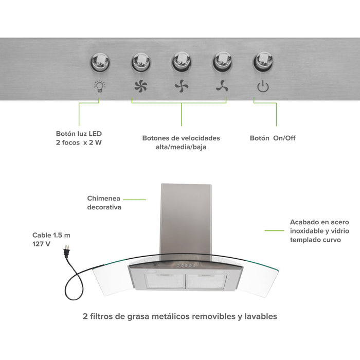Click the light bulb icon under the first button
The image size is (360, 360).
click(x=99, y=86)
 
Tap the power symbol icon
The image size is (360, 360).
click(x=263, y=86)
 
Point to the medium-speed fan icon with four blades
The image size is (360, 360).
click(x=181, y=86)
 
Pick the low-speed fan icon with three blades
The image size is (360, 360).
click(x=222, y=86)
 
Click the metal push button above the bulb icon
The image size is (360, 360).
click(x=99, y=63)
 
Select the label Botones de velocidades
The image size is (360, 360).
click(x=181, y=138)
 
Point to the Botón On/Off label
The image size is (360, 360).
click(x=273, y=138)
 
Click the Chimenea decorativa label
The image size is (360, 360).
click(x=104, y=203)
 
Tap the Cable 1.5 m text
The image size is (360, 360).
click(x=51, y=235)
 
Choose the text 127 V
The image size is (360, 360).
click(x=41, y=244)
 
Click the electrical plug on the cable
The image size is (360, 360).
click(x=65, y=251)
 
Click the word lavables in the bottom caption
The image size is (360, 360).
click(x=260, y=316)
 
